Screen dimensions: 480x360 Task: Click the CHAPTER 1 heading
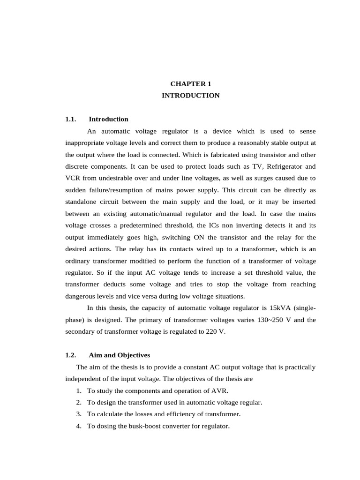(190, 84)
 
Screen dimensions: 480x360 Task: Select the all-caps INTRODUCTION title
(190, 95)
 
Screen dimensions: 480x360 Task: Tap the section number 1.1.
(71, 119)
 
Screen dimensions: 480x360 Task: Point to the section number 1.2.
(71, 355)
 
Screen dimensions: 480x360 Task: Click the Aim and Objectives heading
(120, 355)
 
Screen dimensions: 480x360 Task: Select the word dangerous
(82, 296)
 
